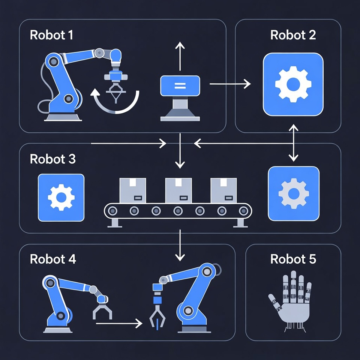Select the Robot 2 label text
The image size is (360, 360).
293,35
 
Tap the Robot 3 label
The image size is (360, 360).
52,159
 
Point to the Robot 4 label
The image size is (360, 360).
52,259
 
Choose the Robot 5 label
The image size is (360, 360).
293,259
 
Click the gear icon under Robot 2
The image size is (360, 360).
293,84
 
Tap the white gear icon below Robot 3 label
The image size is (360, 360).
61,197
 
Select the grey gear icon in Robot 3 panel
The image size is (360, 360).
293,193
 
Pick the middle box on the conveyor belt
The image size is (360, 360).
179,190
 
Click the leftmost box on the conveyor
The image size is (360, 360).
133,190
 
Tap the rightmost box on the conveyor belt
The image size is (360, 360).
224,190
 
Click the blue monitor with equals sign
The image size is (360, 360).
180,85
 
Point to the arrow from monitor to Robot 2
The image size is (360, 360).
229,84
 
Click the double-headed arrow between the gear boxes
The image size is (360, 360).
293,143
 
